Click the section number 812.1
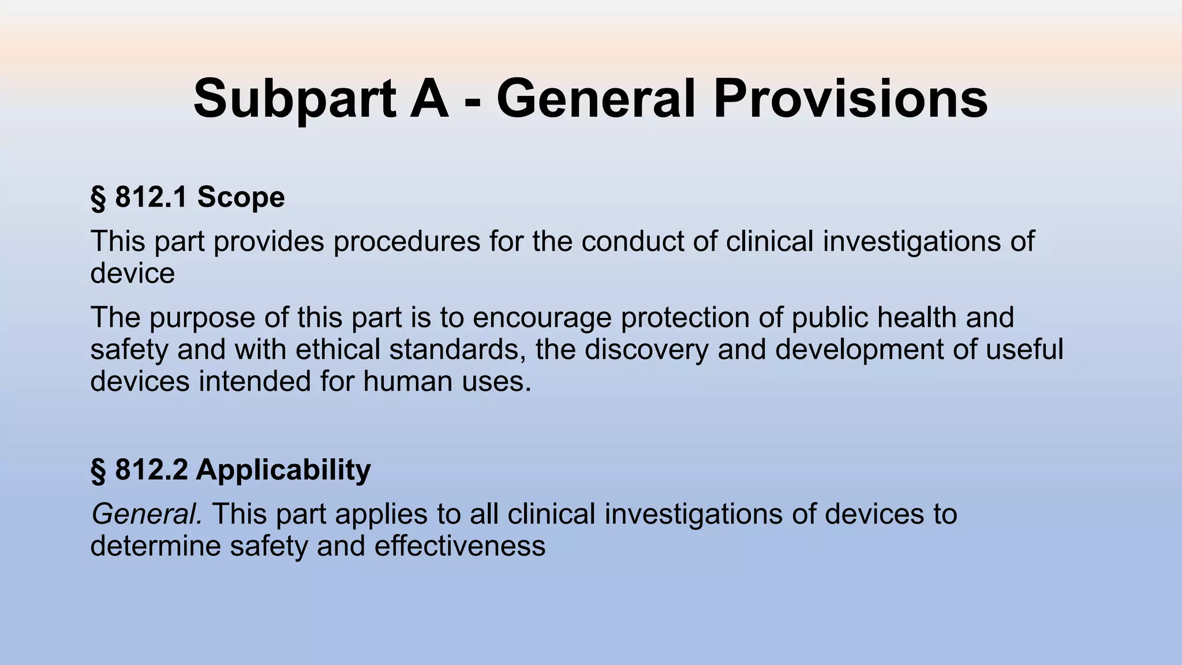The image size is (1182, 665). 151,197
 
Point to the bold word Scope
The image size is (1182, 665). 241,197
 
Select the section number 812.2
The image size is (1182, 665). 151,470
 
